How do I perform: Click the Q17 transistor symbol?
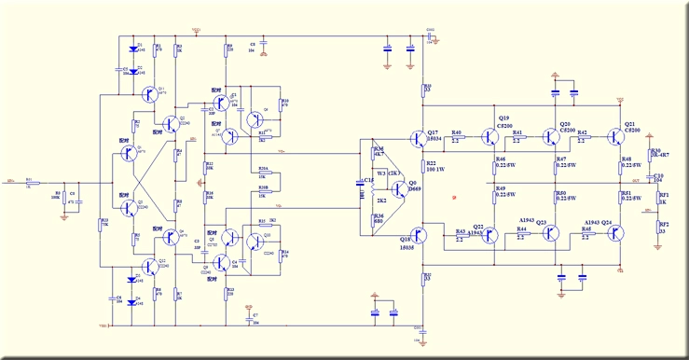[420, 137]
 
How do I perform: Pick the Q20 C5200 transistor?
[552, 137]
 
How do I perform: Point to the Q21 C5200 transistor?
[616, 137]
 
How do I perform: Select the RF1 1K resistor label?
[663, 199]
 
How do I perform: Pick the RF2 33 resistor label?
[663, 228]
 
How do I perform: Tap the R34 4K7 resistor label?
[378, 151]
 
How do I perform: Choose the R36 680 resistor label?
[378, 219]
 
